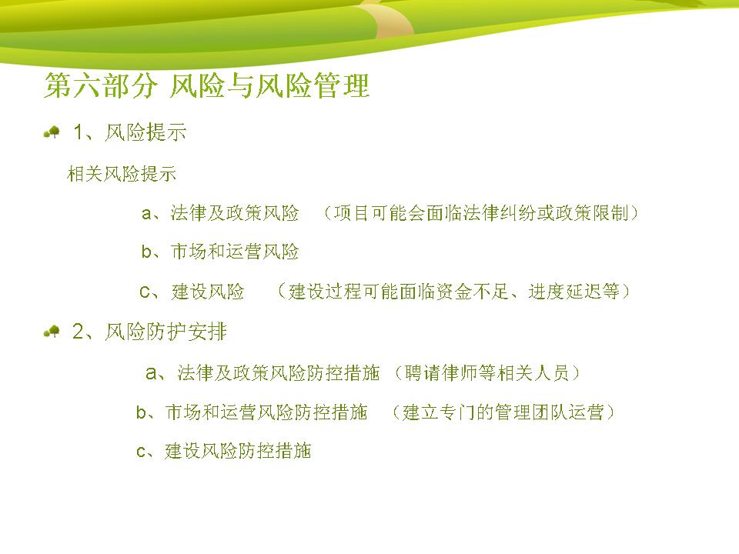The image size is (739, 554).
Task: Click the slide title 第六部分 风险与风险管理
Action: coord(206,85)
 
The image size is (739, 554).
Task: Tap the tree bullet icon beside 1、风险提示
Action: coord(52,132)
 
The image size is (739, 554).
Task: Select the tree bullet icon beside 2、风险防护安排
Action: coord(52,332)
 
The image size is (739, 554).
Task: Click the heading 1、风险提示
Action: coord(129,132)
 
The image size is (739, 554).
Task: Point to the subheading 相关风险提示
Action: coord(122,174)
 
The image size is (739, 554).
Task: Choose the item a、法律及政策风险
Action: coord(220,213)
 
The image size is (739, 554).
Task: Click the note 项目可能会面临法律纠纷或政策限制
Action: coord(481,213)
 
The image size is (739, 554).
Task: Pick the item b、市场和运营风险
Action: coord(220,252)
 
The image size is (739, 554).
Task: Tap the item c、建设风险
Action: coord(192,292)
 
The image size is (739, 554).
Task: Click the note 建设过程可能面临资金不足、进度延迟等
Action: coord(454,292)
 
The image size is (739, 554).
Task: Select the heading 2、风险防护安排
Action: coord(149,332)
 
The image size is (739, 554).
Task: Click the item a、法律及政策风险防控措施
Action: coord(262,373)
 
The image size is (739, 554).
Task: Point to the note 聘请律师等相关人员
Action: coord(487,373)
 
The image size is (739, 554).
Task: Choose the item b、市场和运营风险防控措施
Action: coord(252,412)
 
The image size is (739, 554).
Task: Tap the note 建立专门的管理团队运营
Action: coord(503,412)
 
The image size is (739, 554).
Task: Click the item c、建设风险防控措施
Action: coord(223,452)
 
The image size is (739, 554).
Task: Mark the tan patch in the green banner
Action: coord(386,18)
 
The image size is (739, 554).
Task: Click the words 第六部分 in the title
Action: coord(100,85)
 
